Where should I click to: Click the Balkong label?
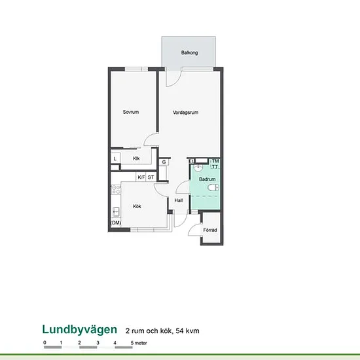[189, 53]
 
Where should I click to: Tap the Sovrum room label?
[131, 112]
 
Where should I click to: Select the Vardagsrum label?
[185, 113]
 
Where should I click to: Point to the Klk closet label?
[136, 158]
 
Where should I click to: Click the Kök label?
[137, 206]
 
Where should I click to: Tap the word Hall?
[179, 200]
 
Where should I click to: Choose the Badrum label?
[207, 179]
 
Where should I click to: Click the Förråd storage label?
[210, 230]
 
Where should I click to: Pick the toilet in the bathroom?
[213, 188]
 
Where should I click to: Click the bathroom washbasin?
[198, 168]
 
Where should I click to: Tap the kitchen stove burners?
[116, 190]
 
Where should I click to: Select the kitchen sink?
[116, 211]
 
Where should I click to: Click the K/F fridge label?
[141, 177]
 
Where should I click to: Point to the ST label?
[151, 177]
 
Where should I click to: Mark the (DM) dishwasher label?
[116, 223]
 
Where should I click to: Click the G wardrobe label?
[164, 162]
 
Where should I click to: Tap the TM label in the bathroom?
[215, 161]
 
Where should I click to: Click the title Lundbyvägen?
[80, 330]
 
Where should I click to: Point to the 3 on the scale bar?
[98, 343]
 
